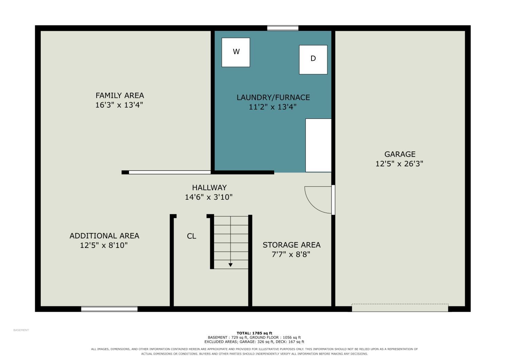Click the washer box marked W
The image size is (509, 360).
(x=235, y=52)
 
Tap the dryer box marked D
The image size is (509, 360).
(x=313, y=59)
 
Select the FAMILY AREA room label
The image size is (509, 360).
(x=120, y=95)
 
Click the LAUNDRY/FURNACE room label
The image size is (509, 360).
(x=273, y=97)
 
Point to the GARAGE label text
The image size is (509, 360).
(x=400, y=154)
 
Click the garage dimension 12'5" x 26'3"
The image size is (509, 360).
(x=399, y=163)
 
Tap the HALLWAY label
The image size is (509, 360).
(x=209, y=187)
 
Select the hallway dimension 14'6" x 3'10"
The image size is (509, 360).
(x=209, y=197)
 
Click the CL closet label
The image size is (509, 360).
(x=191, y=236)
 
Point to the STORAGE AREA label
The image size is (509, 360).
(x=291, y=245)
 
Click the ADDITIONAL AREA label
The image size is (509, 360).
(x=104, y=236)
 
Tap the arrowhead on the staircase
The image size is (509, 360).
(x=230, y=265)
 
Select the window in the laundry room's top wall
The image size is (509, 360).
(x=283, y=28)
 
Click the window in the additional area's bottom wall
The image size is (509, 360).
(x=109, y=309)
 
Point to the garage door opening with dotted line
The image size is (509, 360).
(x=400, y=308)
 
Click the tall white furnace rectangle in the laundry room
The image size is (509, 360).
(x=318, y=145)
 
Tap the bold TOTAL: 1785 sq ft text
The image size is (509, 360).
(x=254, y=333)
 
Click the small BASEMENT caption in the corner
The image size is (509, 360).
(x=21, y=330)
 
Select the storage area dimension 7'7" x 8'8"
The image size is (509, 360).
(x=291, y=254)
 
